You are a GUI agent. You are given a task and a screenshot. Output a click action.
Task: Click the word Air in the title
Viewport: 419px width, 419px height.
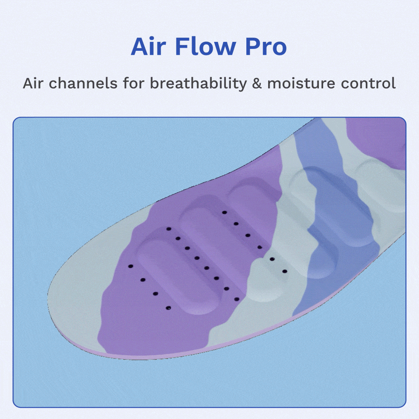[x=149, y=47]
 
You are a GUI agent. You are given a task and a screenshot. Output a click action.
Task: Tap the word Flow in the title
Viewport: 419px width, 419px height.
[x=205, y=46]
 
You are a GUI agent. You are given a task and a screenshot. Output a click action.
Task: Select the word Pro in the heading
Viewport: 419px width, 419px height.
[x=266, y=47]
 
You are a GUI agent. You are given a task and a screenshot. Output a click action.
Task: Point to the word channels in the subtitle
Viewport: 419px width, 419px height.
[x=83, y=83]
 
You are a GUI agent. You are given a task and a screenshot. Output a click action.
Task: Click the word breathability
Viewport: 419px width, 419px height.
[x=198, y=84]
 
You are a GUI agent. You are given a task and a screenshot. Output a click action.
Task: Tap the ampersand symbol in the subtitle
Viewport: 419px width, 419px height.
[x=257, y=83]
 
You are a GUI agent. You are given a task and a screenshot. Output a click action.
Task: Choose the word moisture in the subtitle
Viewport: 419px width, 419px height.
[x=301, y=83]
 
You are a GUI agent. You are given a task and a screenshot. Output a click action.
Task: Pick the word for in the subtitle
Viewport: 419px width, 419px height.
[x=134, y=83]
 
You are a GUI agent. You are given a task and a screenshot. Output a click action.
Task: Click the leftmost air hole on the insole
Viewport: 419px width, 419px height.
[x=131, y=266]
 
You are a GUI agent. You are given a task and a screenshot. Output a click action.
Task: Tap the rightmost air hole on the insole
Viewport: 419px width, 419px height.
[x=284, y=271]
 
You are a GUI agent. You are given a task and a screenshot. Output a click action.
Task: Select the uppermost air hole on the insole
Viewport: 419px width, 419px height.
[x=224, y=212]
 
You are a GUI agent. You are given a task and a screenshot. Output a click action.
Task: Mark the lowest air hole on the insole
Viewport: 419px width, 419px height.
[x=168, y=308]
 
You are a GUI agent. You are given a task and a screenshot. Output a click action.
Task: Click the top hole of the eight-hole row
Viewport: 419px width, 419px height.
[x=169, y=229]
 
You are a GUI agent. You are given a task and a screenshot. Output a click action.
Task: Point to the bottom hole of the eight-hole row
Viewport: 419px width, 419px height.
[x=237, y=299]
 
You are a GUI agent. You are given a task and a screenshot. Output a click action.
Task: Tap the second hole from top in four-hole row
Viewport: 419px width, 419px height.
[x=143, y=280]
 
